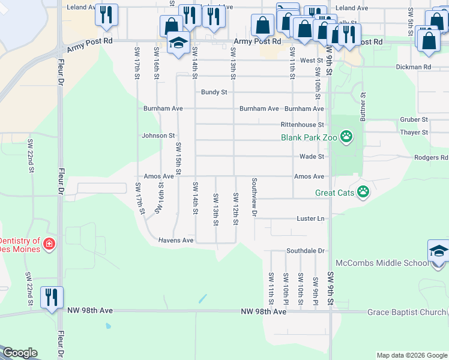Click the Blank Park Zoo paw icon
346,137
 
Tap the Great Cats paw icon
363,193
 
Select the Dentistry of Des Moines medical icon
49,245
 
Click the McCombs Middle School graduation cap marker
438,252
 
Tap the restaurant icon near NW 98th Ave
52,296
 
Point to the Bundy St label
214,92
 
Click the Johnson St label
158,136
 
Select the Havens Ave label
175,240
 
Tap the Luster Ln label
310,219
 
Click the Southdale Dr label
305,250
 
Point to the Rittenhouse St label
303,125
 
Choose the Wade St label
312,157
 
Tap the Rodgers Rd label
430,158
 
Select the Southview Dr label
255,197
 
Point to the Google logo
20,353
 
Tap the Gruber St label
414,120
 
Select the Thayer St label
414,132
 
